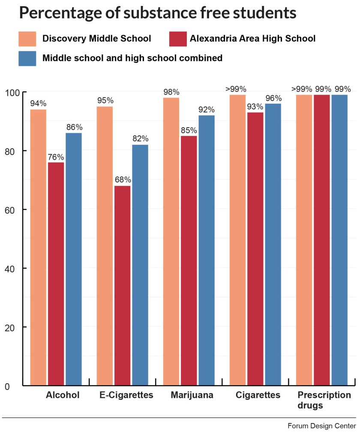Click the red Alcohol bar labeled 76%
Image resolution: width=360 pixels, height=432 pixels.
[x=56, y=274]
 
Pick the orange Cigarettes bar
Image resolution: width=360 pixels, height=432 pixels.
[x=238, y=240]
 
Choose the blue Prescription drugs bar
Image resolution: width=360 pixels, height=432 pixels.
[x=339, y=240]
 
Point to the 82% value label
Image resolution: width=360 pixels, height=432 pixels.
[x=140, y=139]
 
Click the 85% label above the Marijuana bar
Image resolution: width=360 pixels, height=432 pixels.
[x=189, y=130]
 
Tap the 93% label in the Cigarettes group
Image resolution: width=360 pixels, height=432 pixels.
[x=255, y=106]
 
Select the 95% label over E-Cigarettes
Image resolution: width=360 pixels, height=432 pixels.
[x=105, y=101]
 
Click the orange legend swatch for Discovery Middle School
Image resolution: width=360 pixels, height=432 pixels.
[x=27, y=39]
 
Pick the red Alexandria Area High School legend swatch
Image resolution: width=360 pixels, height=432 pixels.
[x=178, y=39]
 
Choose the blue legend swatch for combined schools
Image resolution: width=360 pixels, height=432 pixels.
[x=27, y=58]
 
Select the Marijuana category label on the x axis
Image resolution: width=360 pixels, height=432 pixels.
[x=192, y=395]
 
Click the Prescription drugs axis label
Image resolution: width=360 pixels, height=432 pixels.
[x=324, y=400]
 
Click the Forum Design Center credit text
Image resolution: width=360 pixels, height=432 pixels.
[x=321, y=426]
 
